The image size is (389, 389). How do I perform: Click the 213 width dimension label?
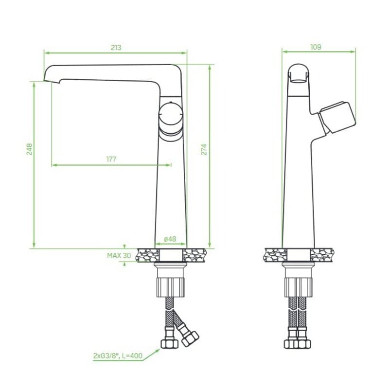tap(116, 47)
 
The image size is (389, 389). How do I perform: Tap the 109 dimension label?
tap(316, 47)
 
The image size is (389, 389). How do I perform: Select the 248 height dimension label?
tap(29, 149)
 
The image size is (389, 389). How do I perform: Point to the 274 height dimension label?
tap(204, 149)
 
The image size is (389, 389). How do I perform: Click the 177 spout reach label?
tap(111, 159)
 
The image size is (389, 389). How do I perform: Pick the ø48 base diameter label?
tap(170, 239)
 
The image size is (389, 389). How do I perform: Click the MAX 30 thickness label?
tap(119, 255)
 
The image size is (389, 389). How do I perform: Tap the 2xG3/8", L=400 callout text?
tap(118, 356)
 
